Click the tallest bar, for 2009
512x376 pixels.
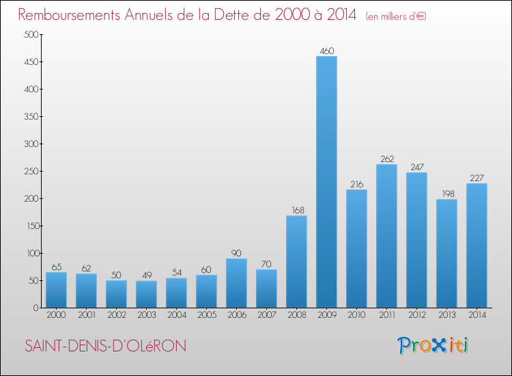tap(326, 182)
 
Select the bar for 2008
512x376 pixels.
tap(296, 262)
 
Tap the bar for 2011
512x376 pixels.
tap(386, 236)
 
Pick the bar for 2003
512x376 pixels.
tap(146, 294)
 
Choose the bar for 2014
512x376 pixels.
tap(477, 245)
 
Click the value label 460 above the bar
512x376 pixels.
tap(326, 50)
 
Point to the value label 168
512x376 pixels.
tap(296, 210)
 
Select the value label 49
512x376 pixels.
tap(146, 275)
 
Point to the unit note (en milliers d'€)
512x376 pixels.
tap(396, 16)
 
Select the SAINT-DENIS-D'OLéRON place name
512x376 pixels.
tap(106, 347)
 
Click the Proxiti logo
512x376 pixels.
tap(432, 345)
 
